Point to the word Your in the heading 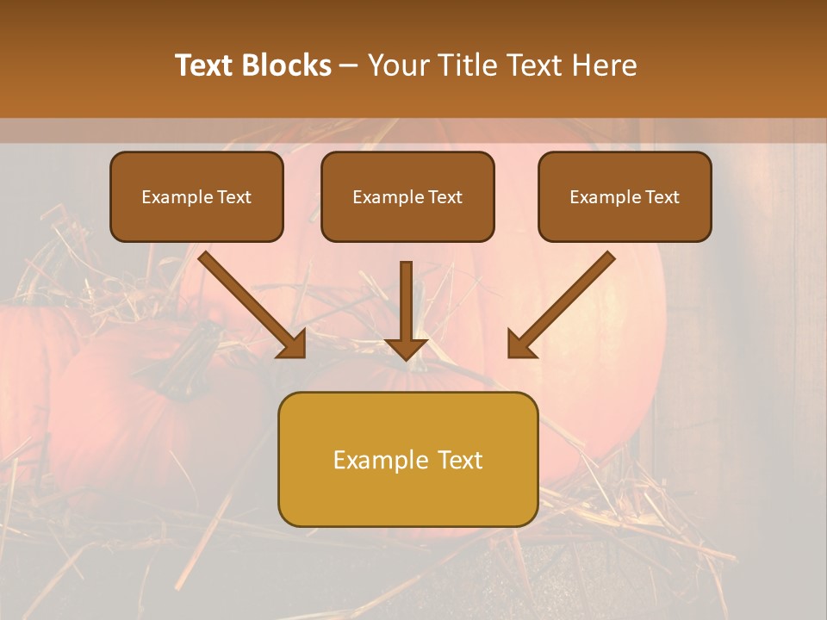tap(397, 65)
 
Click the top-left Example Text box tap(196, 197)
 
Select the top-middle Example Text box tap(407, 197)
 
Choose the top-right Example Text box tap(625, 197)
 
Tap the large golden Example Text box tap(407, 460)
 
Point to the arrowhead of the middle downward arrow tap(406, 348)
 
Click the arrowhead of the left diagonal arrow tap(293, 344)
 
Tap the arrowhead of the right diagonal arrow tap(520, 344)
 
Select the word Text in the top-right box tap(662, 197)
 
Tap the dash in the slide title tap(349, 66)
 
